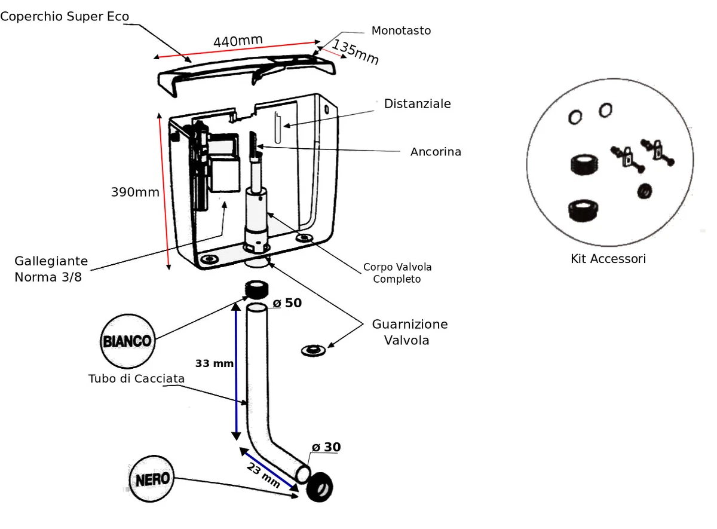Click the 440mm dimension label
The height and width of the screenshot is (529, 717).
tap(238, 41)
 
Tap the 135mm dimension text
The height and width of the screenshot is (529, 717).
tap(356, 52)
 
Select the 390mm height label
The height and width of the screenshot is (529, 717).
tap(135, 192)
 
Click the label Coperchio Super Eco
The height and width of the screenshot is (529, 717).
tap(65, 16)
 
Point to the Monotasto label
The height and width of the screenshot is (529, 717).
tap(401, 30)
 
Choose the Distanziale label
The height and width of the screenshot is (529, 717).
tap(417, 104)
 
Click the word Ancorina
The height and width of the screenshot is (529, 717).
tap(436, 152)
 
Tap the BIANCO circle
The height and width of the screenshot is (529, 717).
tap(127, 341)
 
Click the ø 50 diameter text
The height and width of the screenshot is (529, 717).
tap(287, 303)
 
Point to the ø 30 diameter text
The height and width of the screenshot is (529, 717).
tap(326, 447)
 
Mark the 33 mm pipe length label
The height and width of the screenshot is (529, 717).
tap(214, 363)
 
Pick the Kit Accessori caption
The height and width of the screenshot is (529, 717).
tap(608, 259)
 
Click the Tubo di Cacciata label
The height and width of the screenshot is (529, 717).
tap(136, 378)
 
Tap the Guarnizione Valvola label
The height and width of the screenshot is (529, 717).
tap(409, 332)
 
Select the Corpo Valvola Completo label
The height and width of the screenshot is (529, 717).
tap(397, 273)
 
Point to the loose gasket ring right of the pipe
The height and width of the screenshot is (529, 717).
tap(312, 350)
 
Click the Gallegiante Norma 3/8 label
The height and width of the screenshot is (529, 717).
tap(51, 269)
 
